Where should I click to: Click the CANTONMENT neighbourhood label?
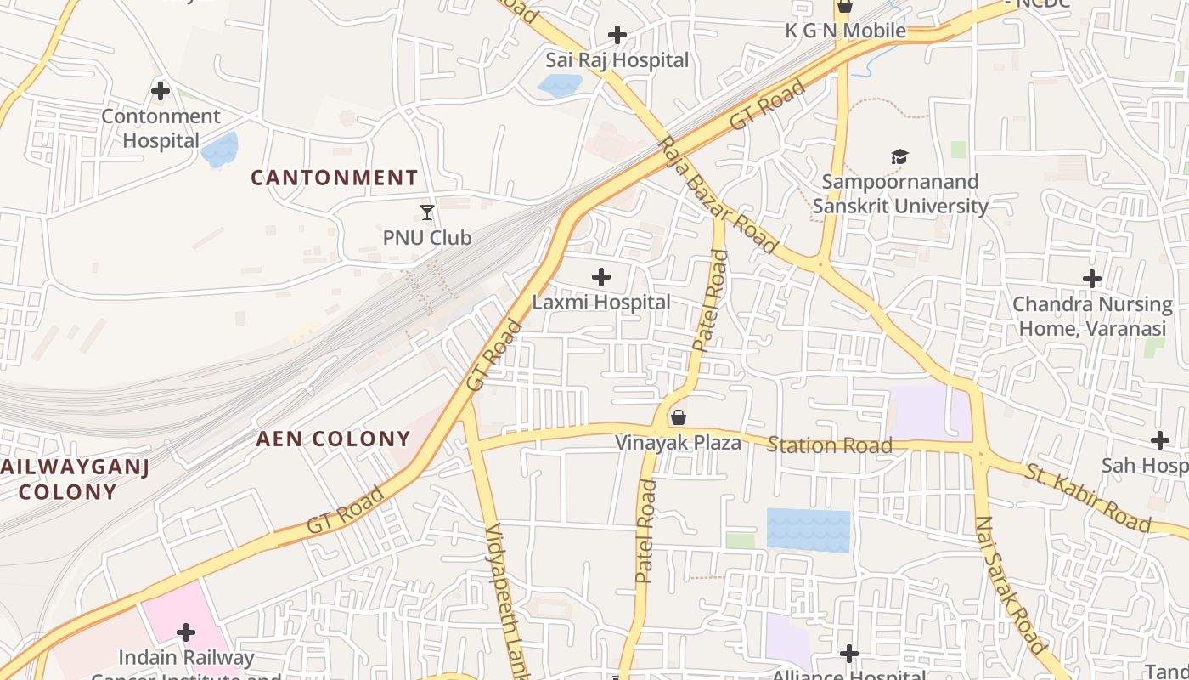(x=335, y=178)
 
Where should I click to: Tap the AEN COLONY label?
(x=334, y=439)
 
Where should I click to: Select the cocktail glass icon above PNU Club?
(x=427, y=212)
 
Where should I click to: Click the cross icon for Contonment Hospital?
(x=160, y=90)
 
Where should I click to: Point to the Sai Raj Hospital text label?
(x=617, y=60)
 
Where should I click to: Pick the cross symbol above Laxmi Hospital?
(x=601, y=277)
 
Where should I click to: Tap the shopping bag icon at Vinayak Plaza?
(x=678, y=417)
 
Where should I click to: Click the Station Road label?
(x=830, y=445)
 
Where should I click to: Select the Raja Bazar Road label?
(x=718, y=195)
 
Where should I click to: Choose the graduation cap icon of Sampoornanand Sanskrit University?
(x=899, y=156)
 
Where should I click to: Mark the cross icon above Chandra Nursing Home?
(x=1092, y=279)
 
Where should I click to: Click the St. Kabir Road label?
(x=1088, y=498)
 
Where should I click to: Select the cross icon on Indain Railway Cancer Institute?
(x=186, y=632)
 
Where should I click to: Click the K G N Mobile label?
(x=844, y=31)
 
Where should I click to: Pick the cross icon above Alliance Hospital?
(x=848, y=654)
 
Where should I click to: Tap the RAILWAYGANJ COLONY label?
(x=73, y=479)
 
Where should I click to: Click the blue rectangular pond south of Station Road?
(x=808, y=530)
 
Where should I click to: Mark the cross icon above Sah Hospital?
(x=1160, y=440)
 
